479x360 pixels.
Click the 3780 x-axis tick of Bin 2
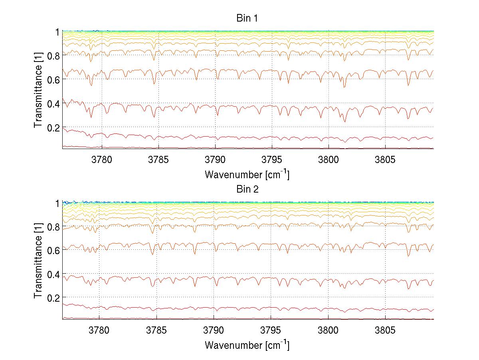[99, 331]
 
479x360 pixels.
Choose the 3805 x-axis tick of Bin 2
[385, 331]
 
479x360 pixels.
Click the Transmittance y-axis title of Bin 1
[38, 90]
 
